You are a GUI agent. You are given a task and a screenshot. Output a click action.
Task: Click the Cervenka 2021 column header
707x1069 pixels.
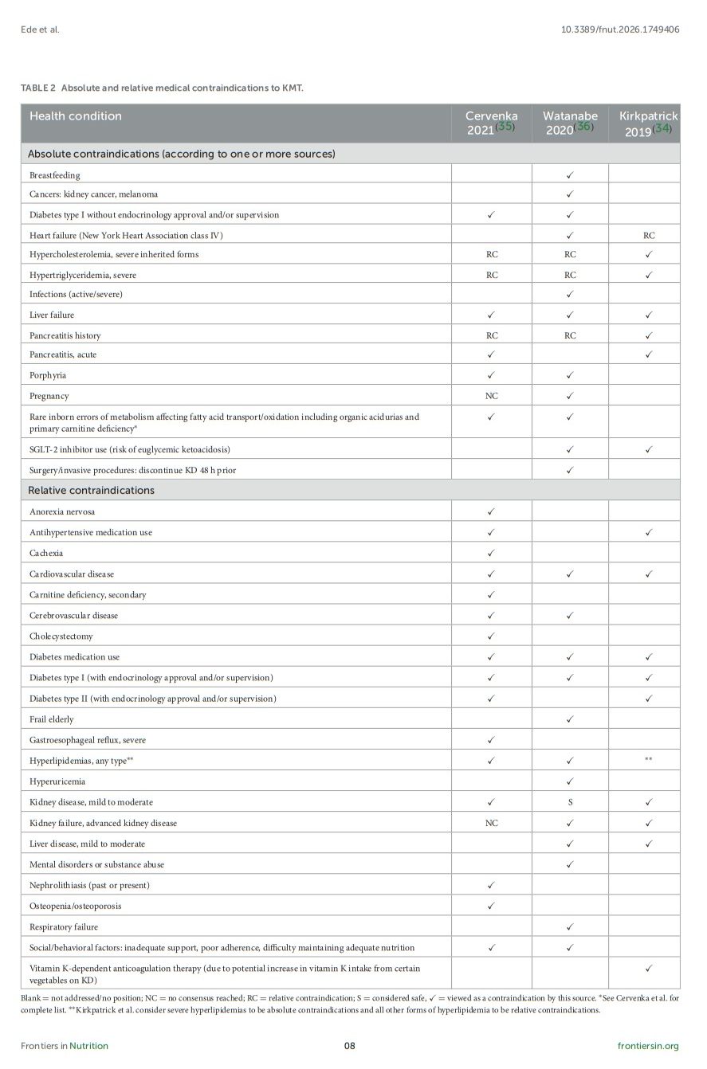point(491,123)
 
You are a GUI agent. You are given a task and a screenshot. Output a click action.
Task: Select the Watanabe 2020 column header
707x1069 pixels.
point(570,123)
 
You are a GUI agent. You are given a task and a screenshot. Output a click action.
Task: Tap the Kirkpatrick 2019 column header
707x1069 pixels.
point(648,123)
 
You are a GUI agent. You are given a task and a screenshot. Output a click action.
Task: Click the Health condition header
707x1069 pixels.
point(76,116)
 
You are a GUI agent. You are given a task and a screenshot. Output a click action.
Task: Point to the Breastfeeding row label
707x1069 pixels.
point(55,174)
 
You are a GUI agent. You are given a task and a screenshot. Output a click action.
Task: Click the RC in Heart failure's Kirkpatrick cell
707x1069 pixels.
point(649,236)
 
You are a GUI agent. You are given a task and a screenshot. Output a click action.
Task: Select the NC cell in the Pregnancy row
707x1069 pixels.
point(491,396)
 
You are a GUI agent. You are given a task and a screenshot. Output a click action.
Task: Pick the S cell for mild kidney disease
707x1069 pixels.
point(570,802)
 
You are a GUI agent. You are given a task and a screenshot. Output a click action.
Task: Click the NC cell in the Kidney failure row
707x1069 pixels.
point(491,823)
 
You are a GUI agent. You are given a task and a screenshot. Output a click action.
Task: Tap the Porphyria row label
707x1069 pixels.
point(48,375)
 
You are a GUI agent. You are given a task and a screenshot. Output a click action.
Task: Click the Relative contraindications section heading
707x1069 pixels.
point(91,490)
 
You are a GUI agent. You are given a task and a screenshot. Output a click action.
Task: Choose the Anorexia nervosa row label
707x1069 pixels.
point(62,511)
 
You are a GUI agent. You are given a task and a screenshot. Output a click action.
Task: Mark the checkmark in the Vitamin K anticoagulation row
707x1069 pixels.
point(649,969)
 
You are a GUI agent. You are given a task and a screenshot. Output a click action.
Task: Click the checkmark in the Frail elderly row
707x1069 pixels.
point(570,719)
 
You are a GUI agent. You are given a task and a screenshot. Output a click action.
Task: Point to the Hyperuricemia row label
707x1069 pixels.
point(57,781)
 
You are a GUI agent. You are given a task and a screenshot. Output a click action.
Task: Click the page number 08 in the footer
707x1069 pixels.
point(349,1046)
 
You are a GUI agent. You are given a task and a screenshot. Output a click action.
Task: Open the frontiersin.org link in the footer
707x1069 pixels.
point(648,1046)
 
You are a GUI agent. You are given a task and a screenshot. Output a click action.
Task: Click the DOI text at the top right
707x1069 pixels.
point(620,29)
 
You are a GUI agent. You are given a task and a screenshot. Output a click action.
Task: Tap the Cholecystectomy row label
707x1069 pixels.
point(61,636)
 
